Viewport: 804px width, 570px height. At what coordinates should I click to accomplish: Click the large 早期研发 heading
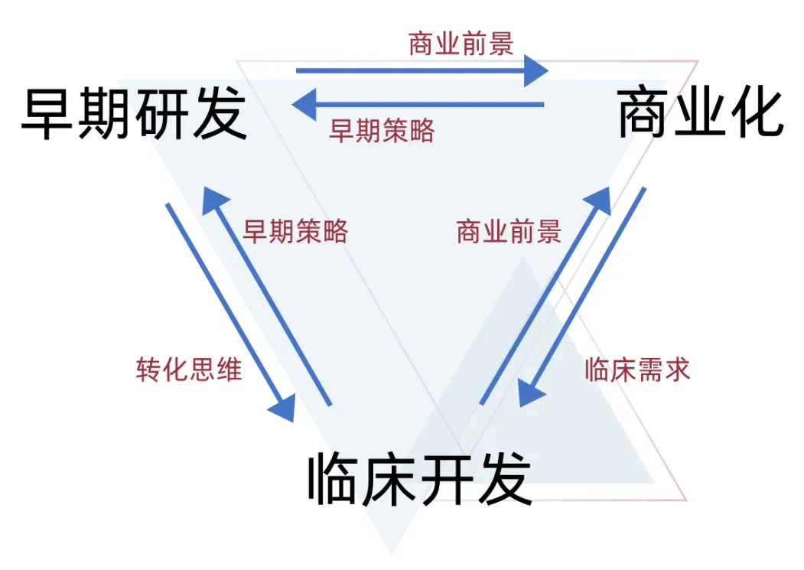tap(135, 114)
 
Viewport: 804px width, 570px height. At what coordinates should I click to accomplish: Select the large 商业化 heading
tap(701, 112)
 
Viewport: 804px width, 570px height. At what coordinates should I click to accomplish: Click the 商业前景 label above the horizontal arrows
tap(461, 44)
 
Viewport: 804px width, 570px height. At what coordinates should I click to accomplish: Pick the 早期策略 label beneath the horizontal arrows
tap(382, 130)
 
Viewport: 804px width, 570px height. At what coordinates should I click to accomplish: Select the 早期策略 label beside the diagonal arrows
tap(295, 230)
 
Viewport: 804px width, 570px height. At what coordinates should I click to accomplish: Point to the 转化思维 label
tap(189, 370)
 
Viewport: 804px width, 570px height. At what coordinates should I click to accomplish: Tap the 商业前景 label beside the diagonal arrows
tap(509, 230)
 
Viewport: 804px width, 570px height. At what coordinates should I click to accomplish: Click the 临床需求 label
tap(637, 370)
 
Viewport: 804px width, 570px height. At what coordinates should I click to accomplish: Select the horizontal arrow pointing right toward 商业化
tap(421, 71)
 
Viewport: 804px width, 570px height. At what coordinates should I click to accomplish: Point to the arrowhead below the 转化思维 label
tap(282, 406)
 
